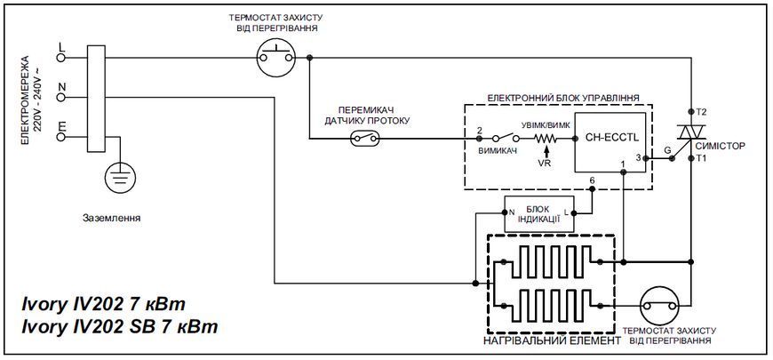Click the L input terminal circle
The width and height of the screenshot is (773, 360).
(61, 58)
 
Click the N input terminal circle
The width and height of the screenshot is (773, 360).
(61, 98)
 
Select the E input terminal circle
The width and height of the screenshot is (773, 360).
(61, 137)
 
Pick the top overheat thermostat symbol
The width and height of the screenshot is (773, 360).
(277, 58)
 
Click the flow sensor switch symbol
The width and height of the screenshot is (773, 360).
(365, 139)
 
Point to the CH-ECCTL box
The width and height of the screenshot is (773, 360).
(610, 142)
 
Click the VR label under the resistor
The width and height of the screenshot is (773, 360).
(545, 164)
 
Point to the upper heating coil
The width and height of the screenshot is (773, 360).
(551, 261)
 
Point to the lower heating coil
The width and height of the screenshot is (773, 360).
(551, 305)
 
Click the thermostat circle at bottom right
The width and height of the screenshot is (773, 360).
(659, 306)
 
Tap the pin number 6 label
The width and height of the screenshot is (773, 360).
(591, 180)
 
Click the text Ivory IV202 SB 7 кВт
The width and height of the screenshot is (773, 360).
(119, 326)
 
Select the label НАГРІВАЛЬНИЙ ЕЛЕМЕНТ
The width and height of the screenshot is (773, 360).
(552, 341)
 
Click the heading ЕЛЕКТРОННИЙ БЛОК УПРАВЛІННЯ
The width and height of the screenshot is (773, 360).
(563, 98)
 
